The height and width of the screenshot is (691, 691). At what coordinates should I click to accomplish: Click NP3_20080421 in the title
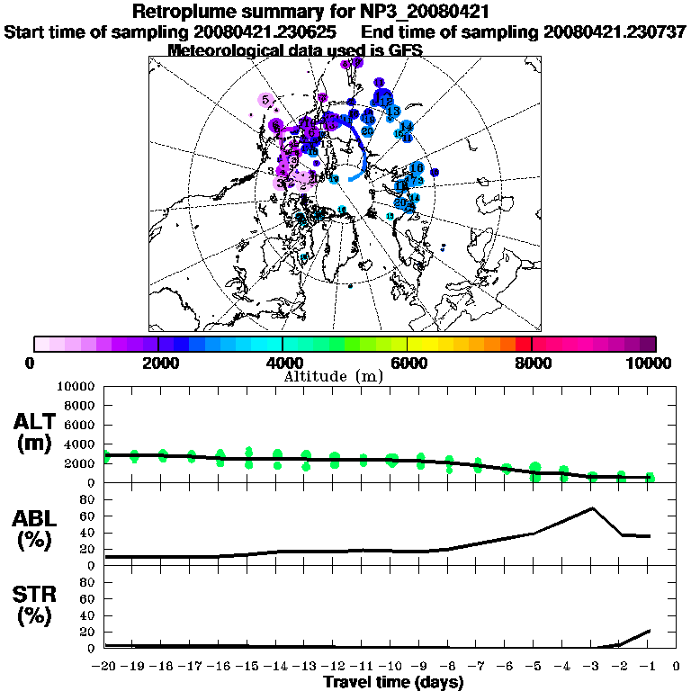tap(427, 13)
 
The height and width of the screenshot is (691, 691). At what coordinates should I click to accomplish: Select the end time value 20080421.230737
tap(615, 32)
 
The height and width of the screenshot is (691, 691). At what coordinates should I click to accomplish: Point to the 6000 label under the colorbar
tap(408, 363)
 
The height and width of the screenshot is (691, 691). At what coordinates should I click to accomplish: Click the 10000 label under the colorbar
tap(649, 363)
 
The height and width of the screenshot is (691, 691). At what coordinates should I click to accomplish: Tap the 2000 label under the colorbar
tap(158, 363)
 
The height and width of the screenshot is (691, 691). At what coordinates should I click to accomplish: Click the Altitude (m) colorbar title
tap(333, 376)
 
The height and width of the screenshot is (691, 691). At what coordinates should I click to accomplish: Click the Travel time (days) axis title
tap(393, 682)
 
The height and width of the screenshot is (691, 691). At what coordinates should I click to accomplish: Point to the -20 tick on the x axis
tap(105, 667)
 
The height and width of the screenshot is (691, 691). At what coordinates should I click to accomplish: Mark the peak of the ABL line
tap(592, 508)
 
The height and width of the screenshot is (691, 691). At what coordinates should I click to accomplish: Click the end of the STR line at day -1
tap(649, 631)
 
